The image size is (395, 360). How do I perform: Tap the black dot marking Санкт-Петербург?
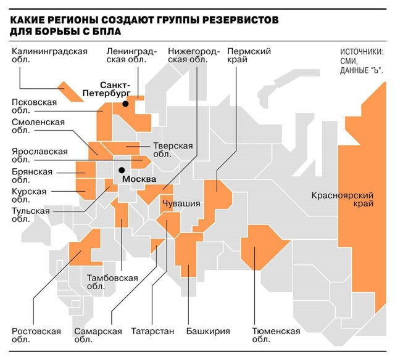[x=125, y=104]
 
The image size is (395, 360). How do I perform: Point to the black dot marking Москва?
[x=122, y=170]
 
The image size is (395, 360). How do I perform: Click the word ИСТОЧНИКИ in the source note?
[x=362, y=52]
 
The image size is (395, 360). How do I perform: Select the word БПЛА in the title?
[x=104, y=31]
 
